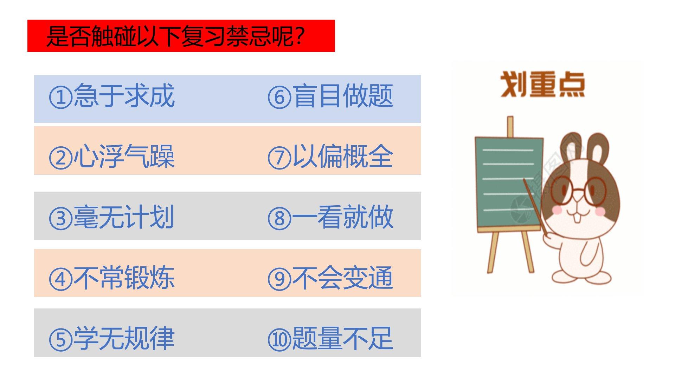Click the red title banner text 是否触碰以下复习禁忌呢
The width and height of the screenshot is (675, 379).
(x=176, y=36)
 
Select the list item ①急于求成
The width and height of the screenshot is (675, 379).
(x=112, y=95)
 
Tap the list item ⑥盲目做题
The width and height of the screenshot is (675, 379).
(x=330, y=95)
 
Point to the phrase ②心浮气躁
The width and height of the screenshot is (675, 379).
(x=112, y=157)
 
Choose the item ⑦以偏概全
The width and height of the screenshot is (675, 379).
(x=330, y=157)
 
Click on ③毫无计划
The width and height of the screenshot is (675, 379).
(x=112, y=217)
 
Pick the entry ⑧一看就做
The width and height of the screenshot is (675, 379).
(x=330, y=217)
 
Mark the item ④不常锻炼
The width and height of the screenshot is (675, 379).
(x=112, y=278)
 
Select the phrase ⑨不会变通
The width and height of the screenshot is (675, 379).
(x=330, y=278)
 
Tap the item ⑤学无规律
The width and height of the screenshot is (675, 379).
(x=112, y=339)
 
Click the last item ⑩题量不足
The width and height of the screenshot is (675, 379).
(x=330, y=339)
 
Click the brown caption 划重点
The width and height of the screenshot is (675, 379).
(x=542, y=84)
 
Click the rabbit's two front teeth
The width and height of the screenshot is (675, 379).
(x=577, y=218)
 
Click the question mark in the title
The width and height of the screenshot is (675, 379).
(x=300, y=36)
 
